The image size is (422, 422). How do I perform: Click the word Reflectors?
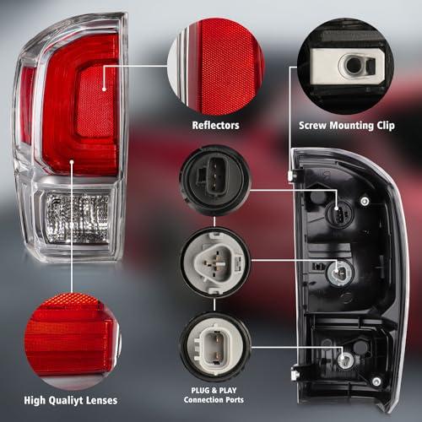point(215,126)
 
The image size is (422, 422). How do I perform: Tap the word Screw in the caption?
point(313,126)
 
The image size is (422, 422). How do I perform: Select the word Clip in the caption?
point(386,126)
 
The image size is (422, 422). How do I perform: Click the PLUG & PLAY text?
point(214,391)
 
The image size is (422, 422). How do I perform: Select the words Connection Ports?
point(214,399)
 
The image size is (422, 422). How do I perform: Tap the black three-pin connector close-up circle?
point(214,180)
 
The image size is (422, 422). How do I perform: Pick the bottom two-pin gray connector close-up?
point(215,347)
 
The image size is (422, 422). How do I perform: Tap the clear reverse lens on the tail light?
point(78,218)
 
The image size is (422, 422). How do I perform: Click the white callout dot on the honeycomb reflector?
point(104,89)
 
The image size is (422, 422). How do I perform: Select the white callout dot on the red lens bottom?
point(72,162)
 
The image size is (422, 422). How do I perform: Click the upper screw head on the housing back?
point(365,201)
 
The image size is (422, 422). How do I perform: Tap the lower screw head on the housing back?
point(376,381)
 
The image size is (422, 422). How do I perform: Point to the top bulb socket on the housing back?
point(338,213)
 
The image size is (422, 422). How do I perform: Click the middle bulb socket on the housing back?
point(340,273)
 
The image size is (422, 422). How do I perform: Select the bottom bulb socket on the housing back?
point(346,360)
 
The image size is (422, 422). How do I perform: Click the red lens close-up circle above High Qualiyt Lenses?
point(73,341)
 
